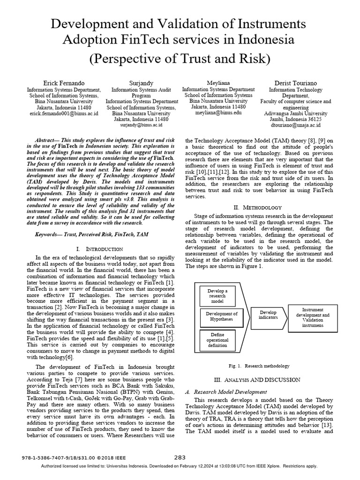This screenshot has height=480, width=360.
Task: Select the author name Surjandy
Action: coord(141,83)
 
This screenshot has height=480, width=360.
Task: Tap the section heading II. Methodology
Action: coord(258,207)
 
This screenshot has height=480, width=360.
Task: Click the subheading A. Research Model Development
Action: coord(227,391)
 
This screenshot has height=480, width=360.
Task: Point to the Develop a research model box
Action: coord(217,296)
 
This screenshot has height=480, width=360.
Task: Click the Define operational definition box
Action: coord(217,339)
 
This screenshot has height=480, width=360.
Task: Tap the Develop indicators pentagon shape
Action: coord(268,315)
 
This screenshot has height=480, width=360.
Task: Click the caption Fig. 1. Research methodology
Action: coord(258,366)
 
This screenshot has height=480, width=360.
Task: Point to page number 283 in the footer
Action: coord(180,457)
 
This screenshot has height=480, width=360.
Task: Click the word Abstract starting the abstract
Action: coord(48,140)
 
